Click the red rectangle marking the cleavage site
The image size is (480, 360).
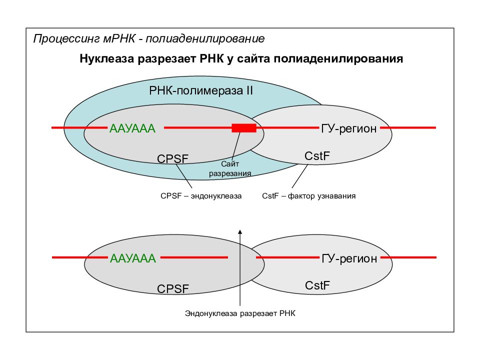(244, 128)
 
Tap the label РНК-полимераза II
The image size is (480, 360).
(201, 91)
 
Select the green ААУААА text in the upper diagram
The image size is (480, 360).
(132, 128)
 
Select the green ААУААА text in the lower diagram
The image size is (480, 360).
(133, 258)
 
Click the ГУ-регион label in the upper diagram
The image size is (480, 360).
(349, 128)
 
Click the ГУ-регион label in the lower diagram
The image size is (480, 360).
(349, 258)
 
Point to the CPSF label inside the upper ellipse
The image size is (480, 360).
(172, 158)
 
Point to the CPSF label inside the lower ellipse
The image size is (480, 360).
(173, 288)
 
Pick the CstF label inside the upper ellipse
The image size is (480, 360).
(317, 156)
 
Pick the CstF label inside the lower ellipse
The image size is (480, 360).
(317, 285)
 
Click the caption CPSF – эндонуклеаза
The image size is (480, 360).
(201, 196)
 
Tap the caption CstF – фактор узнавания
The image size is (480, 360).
(309, 196)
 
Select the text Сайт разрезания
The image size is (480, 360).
(230, 168)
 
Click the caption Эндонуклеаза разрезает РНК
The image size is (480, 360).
(240, 313)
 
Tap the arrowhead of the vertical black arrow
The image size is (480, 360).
(240, 231)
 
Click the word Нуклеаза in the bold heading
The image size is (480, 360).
(107, 58)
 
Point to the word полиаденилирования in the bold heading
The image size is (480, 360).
(338, 59)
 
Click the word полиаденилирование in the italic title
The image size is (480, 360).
(205, 39)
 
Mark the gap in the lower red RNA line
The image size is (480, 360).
(242, 257)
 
